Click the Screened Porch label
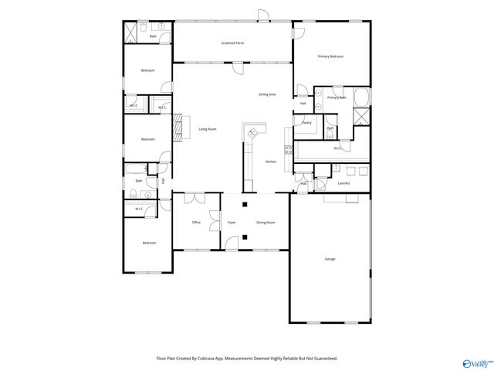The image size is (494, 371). click(x=232, y=43)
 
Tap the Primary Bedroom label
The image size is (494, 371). click(x=332, y=56)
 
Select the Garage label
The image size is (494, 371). click(x=330, y=258)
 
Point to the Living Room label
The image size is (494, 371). click(x=208, y=129)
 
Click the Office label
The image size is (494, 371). click(x=197, y=223)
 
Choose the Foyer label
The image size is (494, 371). click(x=232, y=223)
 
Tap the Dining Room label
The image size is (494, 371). click(x=266, y=223)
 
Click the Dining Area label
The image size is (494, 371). click(x=268, y=94)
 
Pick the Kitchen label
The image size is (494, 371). click(x=271, y=162)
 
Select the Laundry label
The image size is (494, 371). click(x=344, y=183)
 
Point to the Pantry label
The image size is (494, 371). click(x=306, y=123)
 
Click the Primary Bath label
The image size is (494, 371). click(x=337, y=98)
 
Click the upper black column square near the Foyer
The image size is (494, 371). click(x=245, y=205)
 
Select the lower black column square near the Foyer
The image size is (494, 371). click(x=245, y=237)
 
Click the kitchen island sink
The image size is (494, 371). click(x=252, y=134)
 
